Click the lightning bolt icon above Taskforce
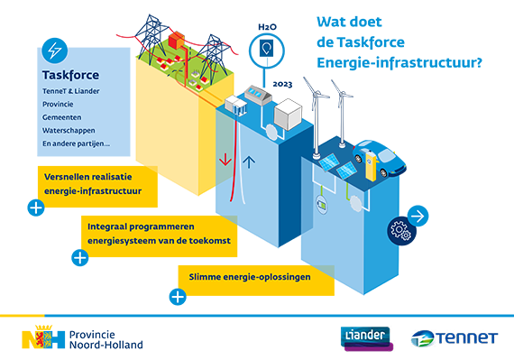coord(55,51)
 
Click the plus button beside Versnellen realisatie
coord(35,208)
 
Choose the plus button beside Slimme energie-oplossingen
coord(178,295)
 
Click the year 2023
coord(281,84)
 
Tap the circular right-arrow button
coord(418,216)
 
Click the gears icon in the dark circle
coord(398,232)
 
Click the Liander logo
coord(365,337)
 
